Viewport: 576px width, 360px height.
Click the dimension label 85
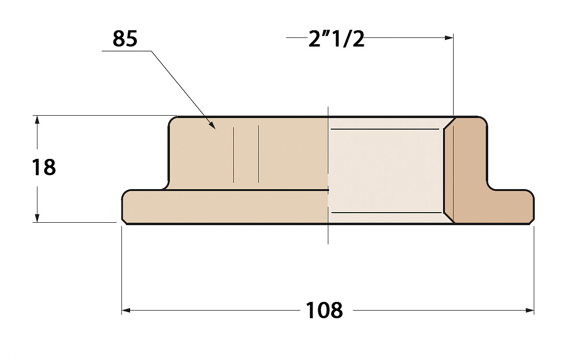pyautogui.click(x=125, y=39)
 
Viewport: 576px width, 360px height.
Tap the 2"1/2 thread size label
pyautogui.click(x=336, y=39)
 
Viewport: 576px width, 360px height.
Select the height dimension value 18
pyautogui.click(x=44, y=167)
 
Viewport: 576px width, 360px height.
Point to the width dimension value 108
pyautogui.click(x=324, y=310)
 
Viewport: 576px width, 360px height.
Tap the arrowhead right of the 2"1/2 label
pyautogui.click(x=449, y=38)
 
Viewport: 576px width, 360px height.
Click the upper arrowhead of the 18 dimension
pyautogui.click(x=37, y=120)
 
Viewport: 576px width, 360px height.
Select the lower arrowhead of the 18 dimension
pyautogui.click(x=37, y=218)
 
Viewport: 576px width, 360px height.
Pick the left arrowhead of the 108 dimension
pyautogui.click(x=126, y=311)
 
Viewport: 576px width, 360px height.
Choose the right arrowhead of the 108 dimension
pyautogui.click(x=530, y=311)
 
